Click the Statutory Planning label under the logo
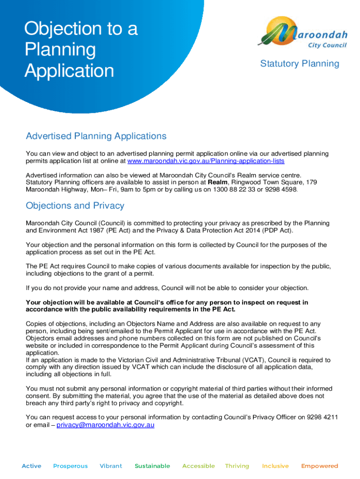(300, 64)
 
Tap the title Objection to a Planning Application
(81, 50)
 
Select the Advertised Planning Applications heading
(96, 136)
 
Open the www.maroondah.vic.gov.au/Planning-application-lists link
(206, 161)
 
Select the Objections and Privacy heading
(75, 206)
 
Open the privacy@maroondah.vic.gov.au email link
(105, 425)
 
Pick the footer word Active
(31, 466)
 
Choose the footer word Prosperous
(70, 466)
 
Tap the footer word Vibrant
(111, 466)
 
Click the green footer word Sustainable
(152, 466)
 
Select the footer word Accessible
(199, 466)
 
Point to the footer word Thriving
(237, 466)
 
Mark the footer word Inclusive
(275, 466)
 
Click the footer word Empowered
(320, 466)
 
